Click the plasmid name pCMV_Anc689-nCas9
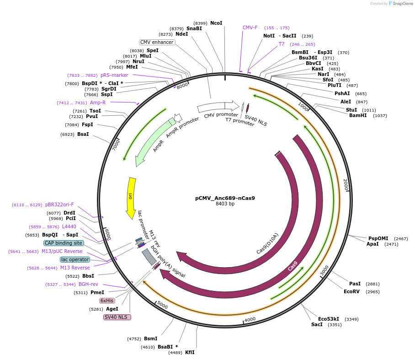tap(225, 198)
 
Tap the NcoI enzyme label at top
tap(216, 23)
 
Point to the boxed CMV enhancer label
tap(157, 42)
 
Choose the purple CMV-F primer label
tap(250, 27)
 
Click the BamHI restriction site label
tap(358, 116)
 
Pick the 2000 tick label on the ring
tap(346, 185)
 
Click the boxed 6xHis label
tap(107, 301)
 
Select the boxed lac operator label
tap(75, 259)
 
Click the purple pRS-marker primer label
tap(114, 75)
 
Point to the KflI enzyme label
tap(190, 352)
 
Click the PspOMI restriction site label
tap(378, 238)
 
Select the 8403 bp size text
tap(225, 204)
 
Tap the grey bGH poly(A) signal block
tap(149, 257)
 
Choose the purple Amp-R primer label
tap(98, 102)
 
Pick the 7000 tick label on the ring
tap(116, 145)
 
